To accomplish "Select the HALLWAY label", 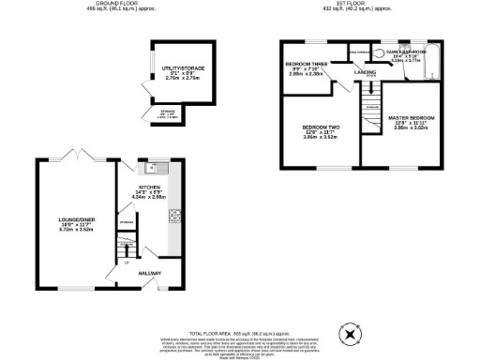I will [x=150, y=274].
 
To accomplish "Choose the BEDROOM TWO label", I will [x=319, y=127].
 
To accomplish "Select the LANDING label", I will [x=366, y=71].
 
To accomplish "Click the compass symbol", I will [x=350, y=334].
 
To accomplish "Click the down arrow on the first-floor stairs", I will [x=372, y=103].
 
